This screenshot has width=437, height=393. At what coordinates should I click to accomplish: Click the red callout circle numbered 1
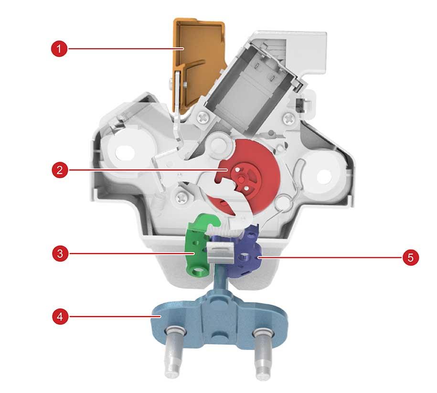(59, 49)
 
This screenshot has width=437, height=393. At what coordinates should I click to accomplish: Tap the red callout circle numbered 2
(60, 170)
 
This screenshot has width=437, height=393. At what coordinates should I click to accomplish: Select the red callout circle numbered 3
(60, 254)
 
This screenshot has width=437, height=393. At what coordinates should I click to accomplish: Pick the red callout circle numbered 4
(60, 317)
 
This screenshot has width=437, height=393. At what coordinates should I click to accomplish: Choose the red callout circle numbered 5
(411, 257)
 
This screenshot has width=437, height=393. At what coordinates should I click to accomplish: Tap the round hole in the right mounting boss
(323, 177)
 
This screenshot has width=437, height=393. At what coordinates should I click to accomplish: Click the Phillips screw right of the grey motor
(289, 119)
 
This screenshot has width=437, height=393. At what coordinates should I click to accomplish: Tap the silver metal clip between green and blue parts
(221, 252)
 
